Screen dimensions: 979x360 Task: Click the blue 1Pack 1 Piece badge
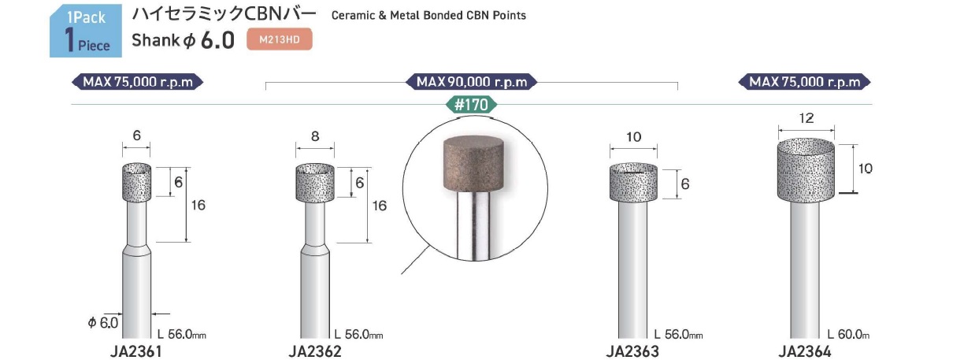(x=86, y=31)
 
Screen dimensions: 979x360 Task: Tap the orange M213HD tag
(x=280, y=39)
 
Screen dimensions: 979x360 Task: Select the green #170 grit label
(x=471, y=105)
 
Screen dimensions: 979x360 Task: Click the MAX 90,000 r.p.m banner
(x=472, y=82)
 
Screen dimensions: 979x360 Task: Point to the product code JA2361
(x=136, y=351)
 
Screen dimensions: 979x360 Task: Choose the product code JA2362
(x=315, y=351)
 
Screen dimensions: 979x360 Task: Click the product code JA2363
(x=632, y=351)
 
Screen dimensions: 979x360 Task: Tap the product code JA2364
(x=805, y=351)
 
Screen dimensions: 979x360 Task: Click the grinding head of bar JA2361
(x=137, y=182)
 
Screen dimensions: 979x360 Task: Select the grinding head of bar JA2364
(x=806, y=170)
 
